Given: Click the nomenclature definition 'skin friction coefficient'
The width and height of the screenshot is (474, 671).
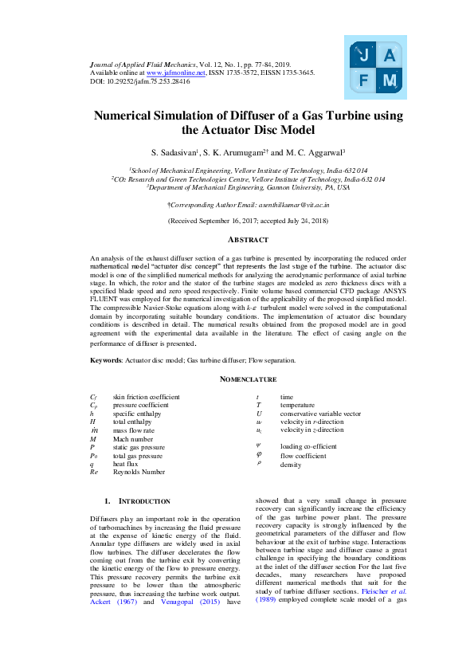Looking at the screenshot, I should click(146, 397).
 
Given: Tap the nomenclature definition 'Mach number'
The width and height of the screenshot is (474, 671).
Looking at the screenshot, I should click(131, 439).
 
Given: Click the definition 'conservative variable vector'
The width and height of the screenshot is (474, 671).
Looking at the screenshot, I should click(320, 414).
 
